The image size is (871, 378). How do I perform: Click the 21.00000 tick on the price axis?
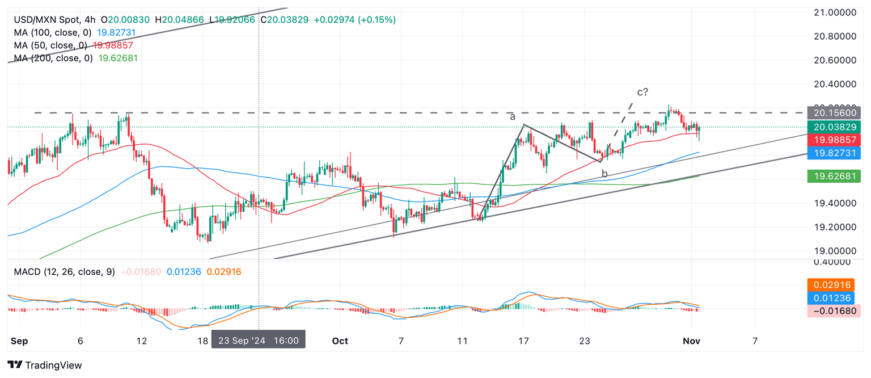pyautogui.click(x=837, y=12)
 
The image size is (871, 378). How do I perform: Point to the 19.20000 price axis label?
pyautogui.click(x=837, y=227)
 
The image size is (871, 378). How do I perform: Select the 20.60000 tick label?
pyautogui.click(x=837, y=60)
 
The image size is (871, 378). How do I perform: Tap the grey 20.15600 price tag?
pyautogui.click(x=836, y=113)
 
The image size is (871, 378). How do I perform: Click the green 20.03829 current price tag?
pyautogui.click(x=836, y=127)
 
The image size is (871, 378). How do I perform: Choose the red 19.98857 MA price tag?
pyautogui.click(x=836, y=140)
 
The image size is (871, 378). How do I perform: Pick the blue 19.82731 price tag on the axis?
pyautogui.click(x=836, y=153)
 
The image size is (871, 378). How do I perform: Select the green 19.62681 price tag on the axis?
pyautogui.click(x=836, y=177)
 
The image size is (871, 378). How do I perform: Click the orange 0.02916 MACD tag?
pyautogui.click(x=836, y=285)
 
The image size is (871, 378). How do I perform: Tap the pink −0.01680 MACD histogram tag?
pyautogui.click(x=836, y=310)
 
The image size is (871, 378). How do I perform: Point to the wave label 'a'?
pyautogui.click(x=512, y=116)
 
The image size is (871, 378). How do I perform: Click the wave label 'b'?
pyautogui.click(x=605, y=174)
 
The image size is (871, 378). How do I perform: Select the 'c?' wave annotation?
pyautogui.click(x=642, y=92)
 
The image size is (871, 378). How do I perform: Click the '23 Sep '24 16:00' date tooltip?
pyautogui.click(x=259, y=341)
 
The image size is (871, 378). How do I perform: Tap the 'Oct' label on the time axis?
pyautogui.click(x=340, y=341)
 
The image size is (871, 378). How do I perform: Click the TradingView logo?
pyautogui.click(x=45, y=365)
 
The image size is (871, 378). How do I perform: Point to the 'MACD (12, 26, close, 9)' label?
pyautogui.click(x=64, y=272)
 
